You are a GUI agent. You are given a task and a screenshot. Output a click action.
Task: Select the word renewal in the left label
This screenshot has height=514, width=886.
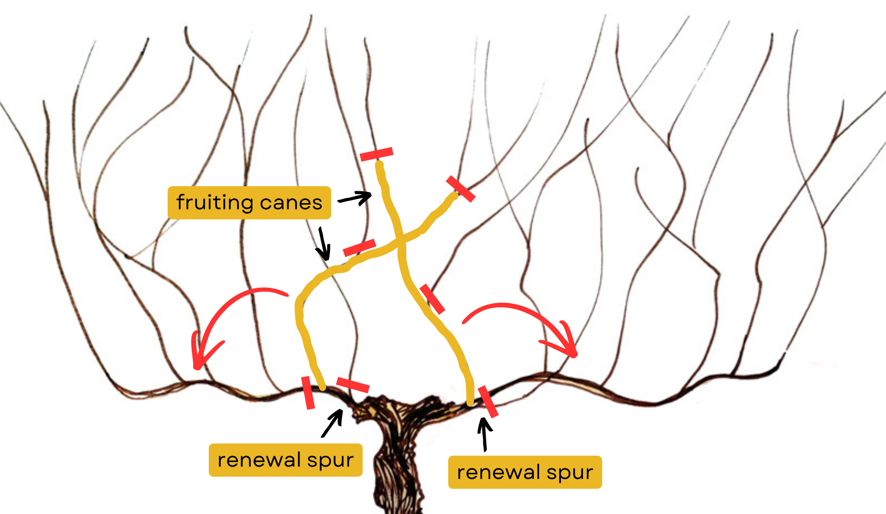point(259,460)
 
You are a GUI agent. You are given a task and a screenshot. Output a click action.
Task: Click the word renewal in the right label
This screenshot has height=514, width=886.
point(498,472)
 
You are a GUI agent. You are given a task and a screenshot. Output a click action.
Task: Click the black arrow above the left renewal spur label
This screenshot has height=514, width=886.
point(332,423)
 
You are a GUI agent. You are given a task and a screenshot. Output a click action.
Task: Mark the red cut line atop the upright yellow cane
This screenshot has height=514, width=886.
point(376,154)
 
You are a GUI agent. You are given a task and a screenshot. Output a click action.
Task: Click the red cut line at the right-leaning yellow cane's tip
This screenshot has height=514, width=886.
point(460,189)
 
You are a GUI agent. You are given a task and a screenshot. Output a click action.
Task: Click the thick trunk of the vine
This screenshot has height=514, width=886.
point(398,462)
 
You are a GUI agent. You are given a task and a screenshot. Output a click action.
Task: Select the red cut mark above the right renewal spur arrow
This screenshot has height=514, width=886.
point(488,402)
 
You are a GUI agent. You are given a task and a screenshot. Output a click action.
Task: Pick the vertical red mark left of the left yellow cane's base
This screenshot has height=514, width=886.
point(308,392)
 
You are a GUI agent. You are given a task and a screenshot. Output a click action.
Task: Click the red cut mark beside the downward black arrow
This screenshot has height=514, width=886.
point(359,247)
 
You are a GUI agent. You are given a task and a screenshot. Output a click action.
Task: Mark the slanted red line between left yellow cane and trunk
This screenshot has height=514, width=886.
point(353,385)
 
